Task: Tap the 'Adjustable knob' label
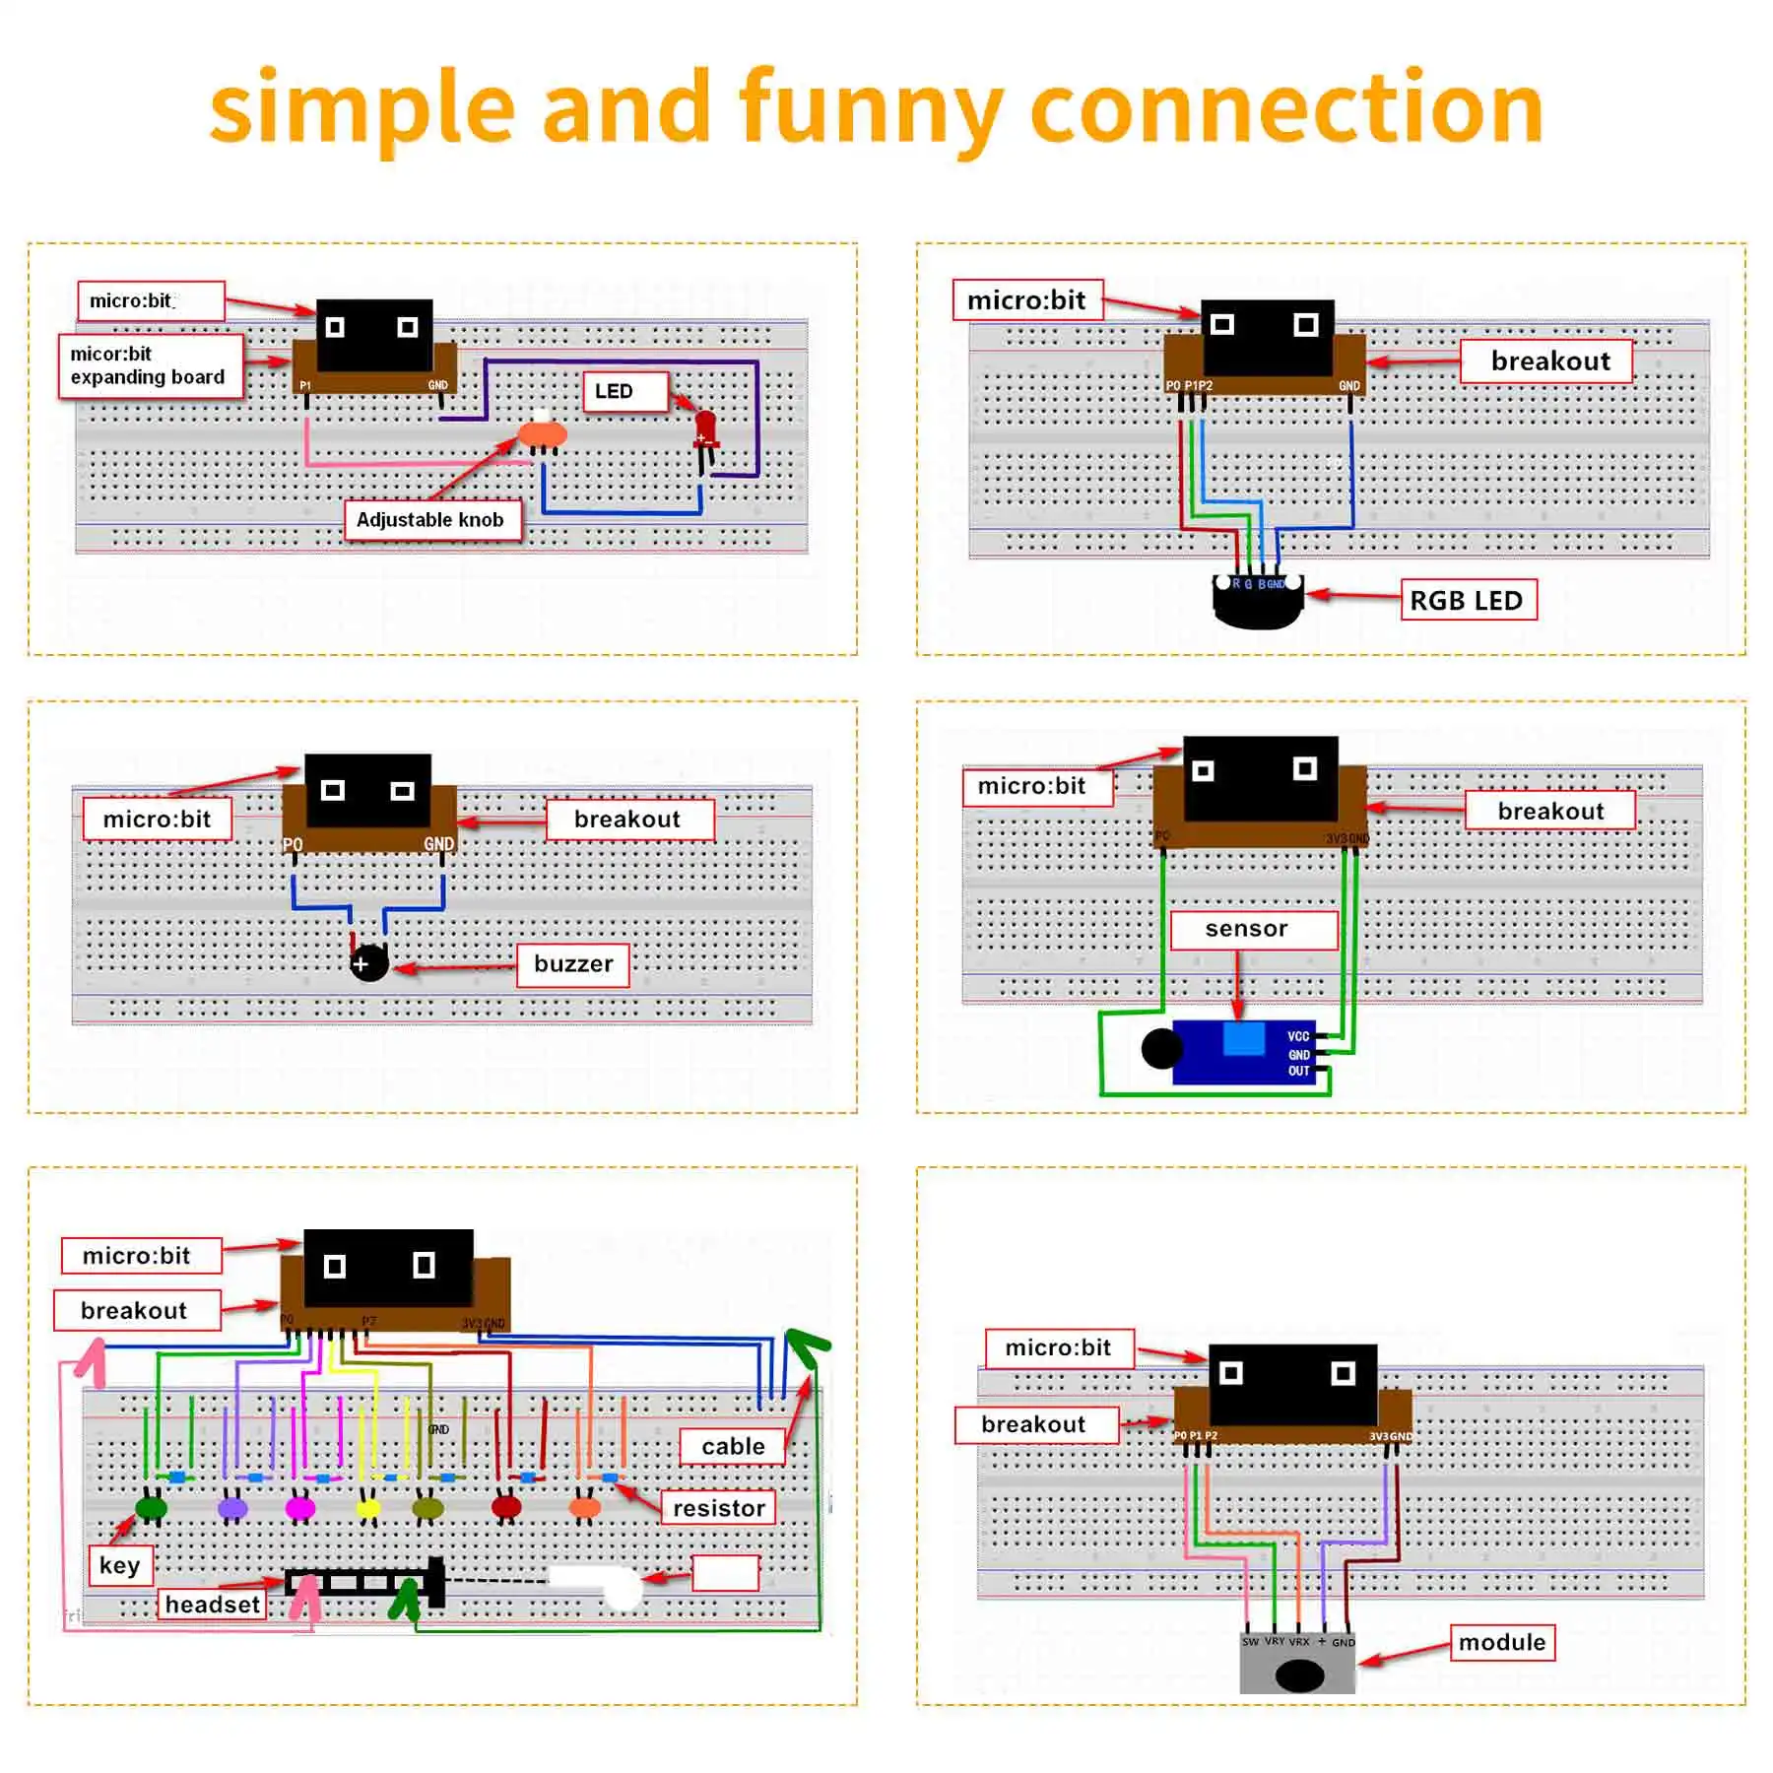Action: [430, 520]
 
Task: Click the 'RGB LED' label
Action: [1468, 600]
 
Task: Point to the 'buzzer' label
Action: [573, 963]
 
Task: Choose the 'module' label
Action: [1501, 1642]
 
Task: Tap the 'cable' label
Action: [733, 1446]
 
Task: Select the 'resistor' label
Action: [719, 1508]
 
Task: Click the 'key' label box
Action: [120, 1565]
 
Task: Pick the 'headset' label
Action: [212, 1605]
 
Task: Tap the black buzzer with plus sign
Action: [369, 963]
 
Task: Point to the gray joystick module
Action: [1297, 1665]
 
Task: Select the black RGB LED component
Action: [1258, 602]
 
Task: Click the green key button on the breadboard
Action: [151, 1507]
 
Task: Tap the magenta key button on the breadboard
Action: [300, 1508]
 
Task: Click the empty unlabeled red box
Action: [726, 1572]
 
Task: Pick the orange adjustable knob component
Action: [542, 433]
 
